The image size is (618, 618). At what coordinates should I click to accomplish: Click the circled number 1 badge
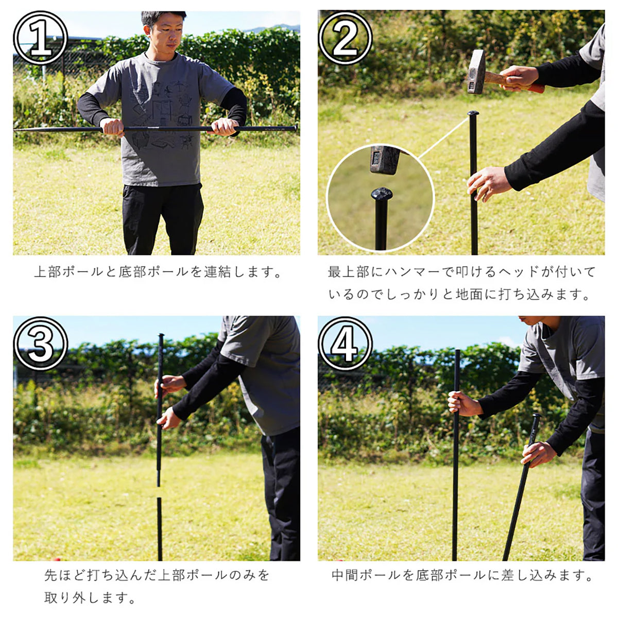click(x=40, y=38)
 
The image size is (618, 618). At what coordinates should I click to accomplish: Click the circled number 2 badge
click(x=346, y=38)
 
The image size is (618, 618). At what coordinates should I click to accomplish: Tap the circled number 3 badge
click(x=40, y=344)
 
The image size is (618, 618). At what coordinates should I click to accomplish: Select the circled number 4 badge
click(x=346, y=344)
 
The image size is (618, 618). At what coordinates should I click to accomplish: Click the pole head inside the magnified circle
click(x=382, y=194)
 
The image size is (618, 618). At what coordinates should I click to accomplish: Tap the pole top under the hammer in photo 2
click(x=473, y=113)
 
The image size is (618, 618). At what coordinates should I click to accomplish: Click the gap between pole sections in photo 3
click(x=159, y=492)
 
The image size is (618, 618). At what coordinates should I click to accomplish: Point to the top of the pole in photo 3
click(x=161, y=335)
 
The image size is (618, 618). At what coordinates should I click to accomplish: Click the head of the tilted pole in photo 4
click(x=537, y=416)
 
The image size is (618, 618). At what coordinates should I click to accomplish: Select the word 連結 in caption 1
click(x=218, y=272)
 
